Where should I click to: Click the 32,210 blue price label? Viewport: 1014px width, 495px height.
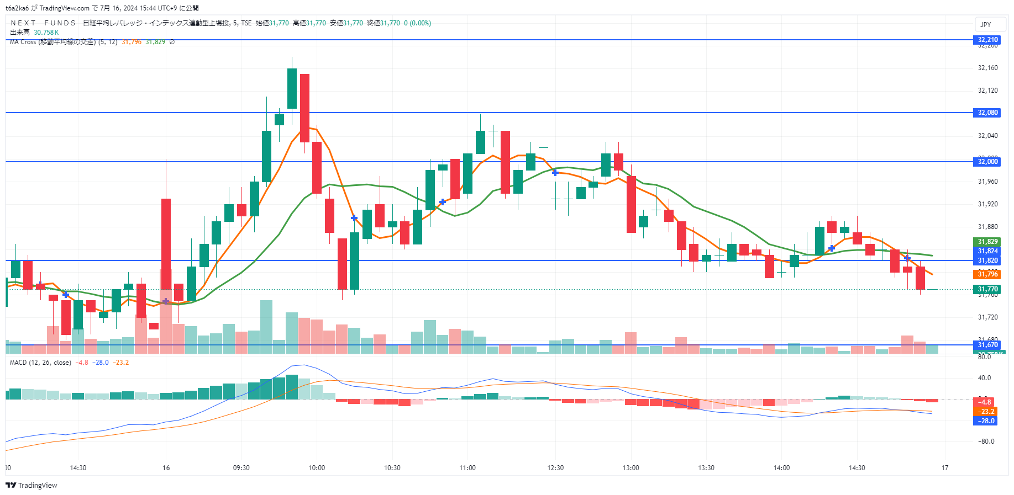pyautogui.click(x=987, y=40)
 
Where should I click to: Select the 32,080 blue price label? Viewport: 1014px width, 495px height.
pyautogui.click(x=987, y=113)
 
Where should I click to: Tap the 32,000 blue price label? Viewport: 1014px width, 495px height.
pyautogui.click(x=987, y=162)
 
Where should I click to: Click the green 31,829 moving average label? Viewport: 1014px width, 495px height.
pyautogui.click(x=987, y=242)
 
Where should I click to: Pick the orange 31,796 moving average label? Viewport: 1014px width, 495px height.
pyautogui.click(x=987, y=274)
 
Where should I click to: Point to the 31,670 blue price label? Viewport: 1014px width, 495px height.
pyautogui.click(x=987, y=345)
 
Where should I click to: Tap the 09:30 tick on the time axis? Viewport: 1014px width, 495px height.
pyautogui.click(x=241, y=468)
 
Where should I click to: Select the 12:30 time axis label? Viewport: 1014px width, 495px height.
pyautogui.click(x=555, y=468)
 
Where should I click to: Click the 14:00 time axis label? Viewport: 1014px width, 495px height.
pyautogui.click(x=781, y=468)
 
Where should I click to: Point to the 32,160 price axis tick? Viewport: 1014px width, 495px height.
pyautogui.click(x=987, y=68)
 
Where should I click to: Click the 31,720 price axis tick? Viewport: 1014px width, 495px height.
pyautogui.click(x=987, y=317)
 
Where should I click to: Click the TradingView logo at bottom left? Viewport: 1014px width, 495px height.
pyautogui.click(x=31, y=485)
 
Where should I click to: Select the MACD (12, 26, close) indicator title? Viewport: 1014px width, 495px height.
pyautogui.click(x=40, y=363)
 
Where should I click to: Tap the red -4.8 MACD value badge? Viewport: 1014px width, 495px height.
pyautogui.click(x=986, y=402)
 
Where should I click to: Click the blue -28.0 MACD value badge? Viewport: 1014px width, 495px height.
pyautogui.click(x=986, y=421)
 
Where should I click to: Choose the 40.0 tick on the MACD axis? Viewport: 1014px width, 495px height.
pyautogui.click(x=984, y=378)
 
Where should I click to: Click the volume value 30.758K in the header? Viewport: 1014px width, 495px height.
pyautogui.click(x=46, y=33)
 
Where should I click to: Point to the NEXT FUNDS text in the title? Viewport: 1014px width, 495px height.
pyautogui.click(x=43, y=23)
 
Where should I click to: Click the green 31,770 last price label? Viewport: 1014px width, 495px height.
pyautogui.click(x=987, y=289)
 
